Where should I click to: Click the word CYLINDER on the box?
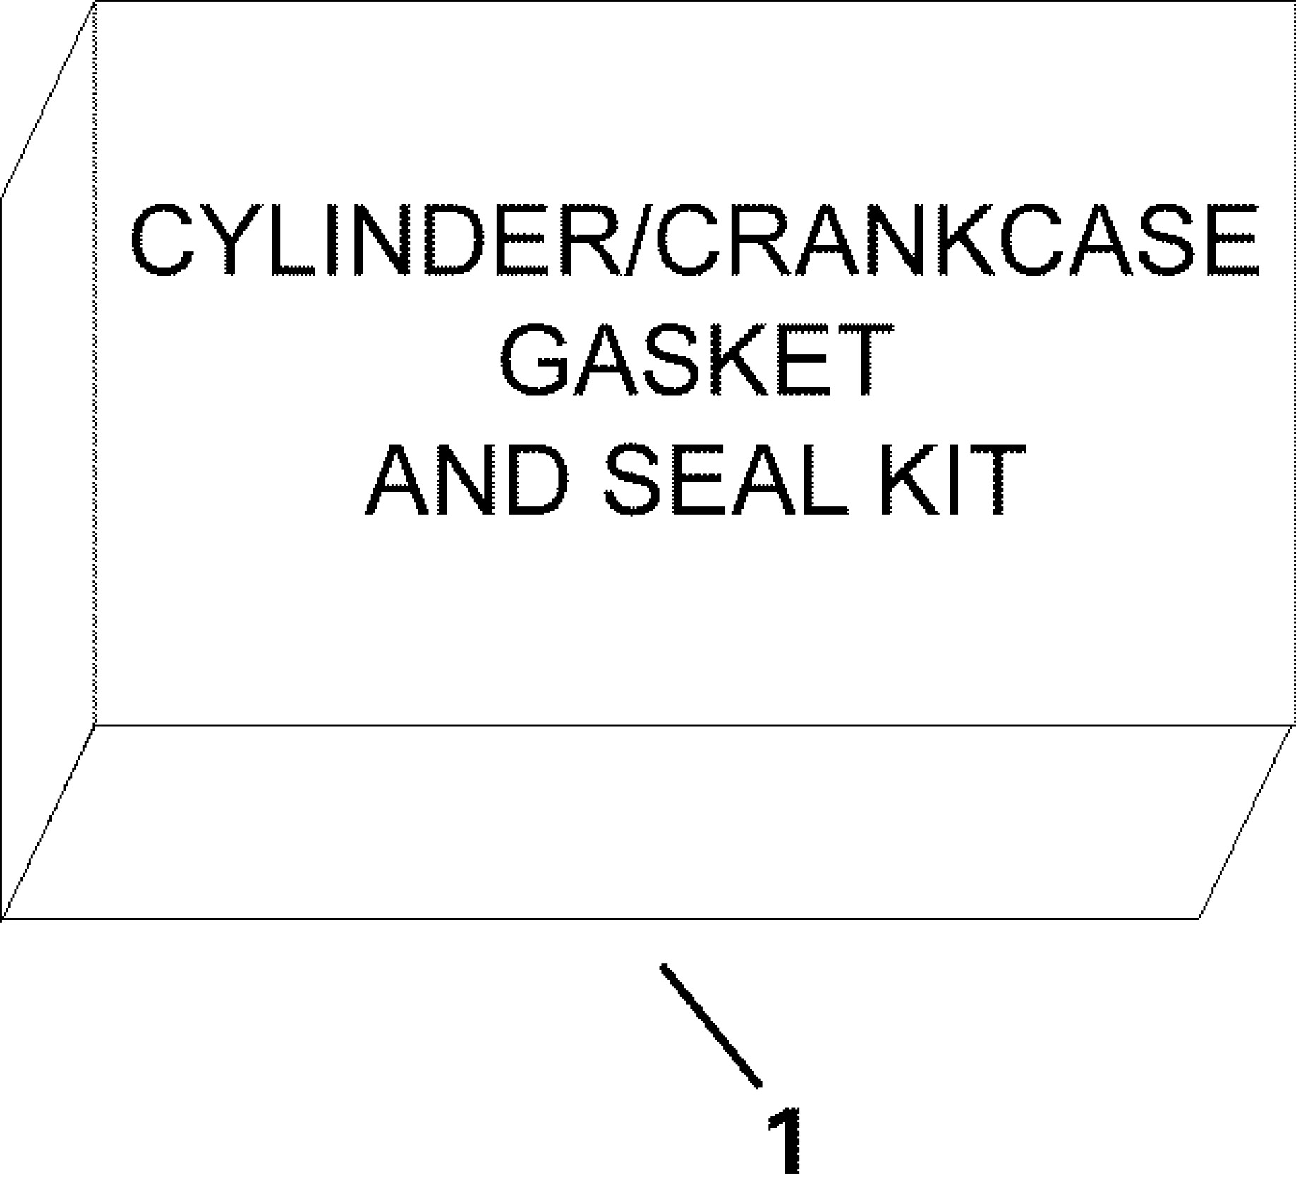374,241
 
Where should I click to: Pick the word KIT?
949,481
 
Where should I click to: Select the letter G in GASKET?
535,361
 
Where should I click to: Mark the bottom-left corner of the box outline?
3,919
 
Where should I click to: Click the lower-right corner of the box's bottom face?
1199,919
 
